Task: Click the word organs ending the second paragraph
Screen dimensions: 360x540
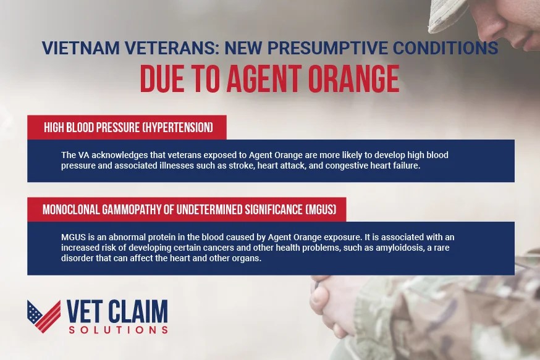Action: (247, 259)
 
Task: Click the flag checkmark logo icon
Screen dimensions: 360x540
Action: (43, 316)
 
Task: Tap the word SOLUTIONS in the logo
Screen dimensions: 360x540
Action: (117, 330)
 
